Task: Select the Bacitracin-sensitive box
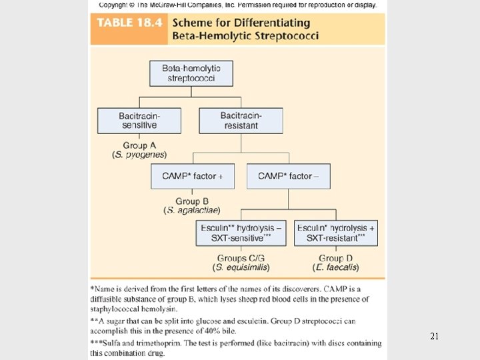(x=139, y=120)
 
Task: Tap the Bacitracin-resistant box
(x=240, y=120)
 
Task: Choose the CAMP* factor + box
(x=193, y=176)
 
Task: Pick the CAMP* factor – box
(x=288, y=176)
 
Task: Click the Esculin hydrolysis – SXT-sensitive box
(x=241, y=233)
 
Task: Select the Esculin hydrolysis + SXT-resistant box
(x=335, y=233)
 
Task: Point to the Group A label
(x=139, y=145)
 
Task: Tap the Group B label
(x=193, y=201)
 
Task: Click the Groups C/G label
(x=241, y=258)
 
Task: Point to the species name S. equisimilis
(x=241, y=267)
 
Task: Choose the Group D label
(x=335, y=258)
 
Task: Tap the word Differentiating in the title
(x=276, y=23)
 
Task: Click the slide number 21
(x=434, y=337)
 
